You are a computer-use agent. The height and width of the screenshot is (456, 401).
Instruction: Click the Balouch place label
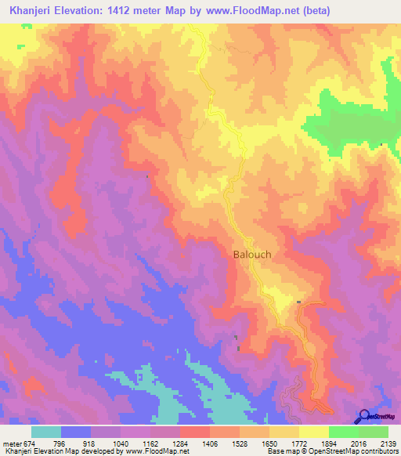point(252,254)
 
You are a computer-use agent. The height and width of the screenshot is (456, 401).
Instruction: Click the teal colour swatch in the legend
point(46,432)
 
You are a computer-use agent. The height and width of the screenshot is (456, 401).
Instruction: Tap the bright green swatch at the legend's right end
point(374,432)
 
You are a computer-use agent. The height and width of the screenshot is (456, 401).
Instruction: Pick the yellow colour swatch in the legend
point(314,432)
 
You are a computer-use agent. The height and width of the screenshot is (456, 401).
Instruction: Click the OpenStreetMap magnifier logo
point(363,416)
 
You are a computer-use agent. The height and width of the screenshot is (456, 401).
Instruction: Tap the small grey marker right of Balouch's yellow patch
point(299,302)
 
